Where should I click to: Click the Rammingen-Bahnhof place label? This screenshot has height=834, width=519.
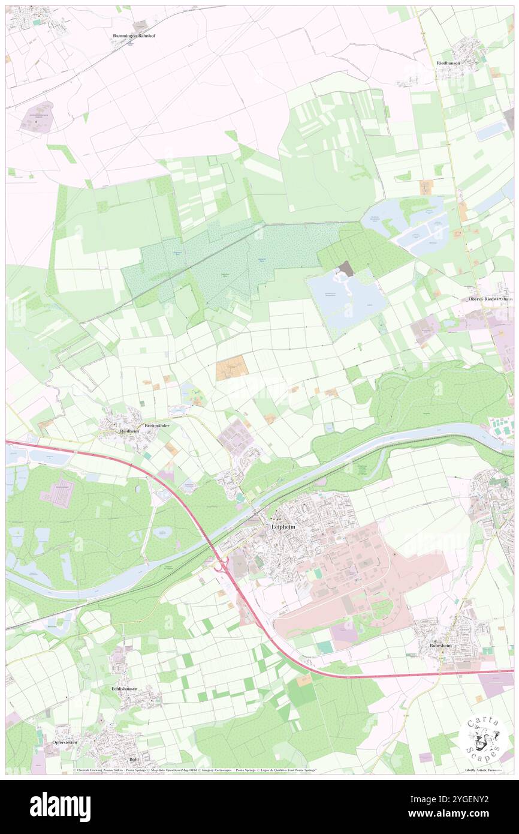pyautogui.click(x=134, y=36)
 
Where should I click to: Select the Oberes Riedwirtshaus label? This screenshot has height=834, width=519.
pyautogui.click(x=491, y=298)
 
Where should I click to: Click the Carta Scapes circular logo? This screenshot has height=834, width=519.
pyautogui.click(x=483, y=739)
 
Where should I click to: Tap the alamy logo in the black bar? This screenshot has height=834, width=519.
pyautogui.click(x=60, y=806)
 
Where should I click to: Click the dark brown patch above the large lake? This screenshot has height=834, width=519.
pyautogui.click(x=346, y=269)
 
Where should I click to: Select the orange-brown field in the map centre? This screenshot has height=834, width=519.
pyautogui.click(x=231, y=367)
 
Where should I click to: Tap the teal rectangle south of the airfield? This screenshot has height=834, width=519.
pyautogui.click(x=325, y=647)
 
